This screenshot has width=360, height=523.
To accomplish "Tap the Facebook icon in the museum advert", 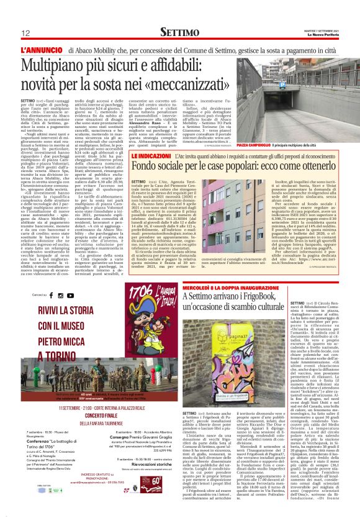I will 53,294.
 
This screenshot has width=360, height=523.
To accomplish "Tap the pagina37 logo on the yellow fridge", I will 253,352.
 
